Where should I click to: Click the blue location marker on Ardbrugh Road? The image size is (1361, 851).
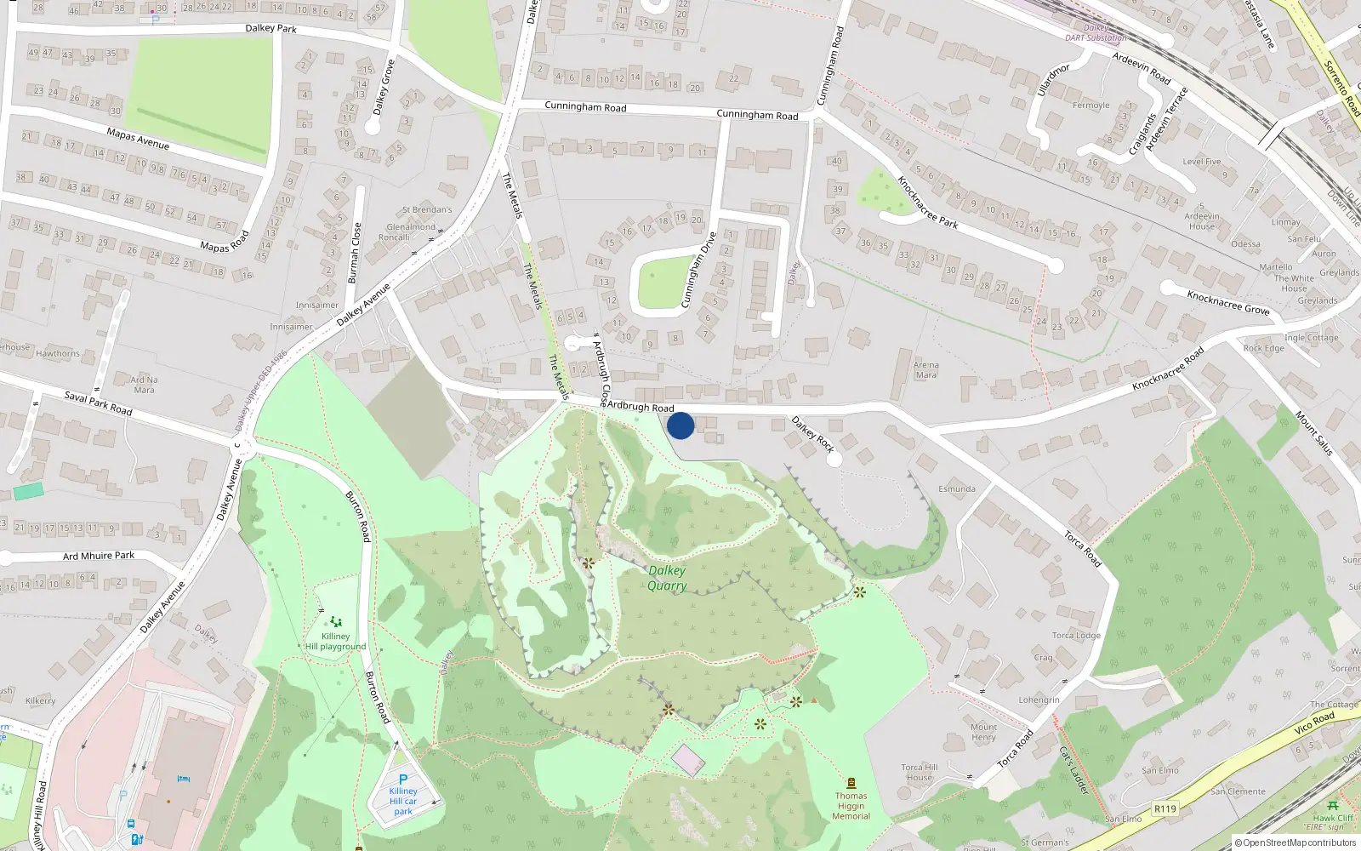680,425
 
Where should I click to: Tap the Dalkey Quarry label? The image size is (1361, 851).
667,578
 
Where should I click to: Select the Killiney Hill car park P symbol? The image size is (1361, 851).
403,779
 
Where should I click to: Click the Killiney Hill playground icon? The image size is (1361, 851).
336,622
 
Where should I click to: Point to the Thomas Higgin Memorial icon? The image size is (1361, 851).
851,783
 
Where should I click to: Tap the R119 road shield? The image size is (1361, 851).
1165,808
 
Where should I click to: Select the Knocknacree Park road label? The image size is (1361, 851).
927,203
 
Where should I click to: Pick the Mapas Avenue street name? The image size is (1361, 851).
138,139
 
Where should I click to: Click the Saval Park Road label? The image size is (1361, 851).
99,403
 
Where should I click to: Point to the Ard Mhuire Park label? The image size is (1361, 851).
99,556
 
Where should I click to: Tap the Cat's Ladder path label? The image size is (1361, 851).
1073,769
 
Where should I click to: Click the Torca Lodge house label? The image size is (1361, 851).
1076,635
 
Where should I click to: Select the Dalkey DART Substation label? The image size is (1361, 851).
1096,33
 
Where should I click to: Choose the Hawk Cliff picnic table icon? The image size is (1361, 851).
1332,805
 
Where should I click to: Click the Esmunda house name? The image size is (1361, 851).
957,488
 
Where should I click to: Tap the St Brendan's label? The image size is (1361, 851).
427,209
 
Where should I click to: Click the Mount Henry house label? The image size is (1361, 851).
983,732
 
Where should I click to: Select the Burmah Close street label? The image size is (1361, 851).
356,253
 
